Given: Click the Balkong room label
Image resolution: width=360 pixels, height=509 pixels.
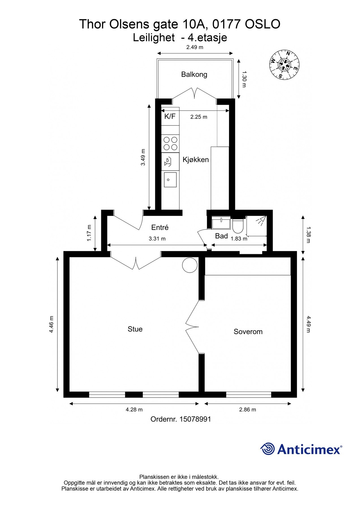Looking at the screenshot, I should click(194, 74).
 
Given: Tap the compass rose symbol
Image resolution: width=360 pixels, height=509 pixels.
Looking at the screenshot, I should click(284, 65).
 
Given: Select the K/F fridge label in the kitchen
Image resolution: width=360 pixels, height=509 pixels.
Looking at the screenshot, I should click(170, 116).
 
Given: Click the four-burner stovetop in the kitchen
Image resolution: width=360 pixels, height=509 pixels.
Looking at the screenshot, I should click(171, 143).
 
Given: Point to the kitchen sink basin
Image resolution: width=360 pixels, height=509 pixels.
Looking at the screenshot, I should click(170, 180).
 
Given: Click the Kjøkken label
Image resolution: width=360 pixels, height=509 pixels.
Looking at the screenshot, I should click(196, 159).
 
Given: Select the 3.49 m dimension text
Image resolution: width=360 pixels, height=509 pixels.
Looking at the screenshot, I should click(143, 157).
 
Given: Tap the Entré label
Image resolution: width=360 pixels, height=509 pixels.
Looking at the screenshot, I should click(160, 227).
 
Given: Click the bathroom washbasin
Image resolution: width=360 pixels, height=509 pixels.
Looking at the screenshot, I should click(221, 223).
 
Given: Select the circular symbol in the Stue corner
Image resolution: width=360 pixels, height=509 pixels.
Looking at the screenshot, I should click(189, 265).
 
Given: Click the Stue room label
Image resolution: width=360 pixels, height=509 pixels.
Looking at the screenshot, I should click(135, 329).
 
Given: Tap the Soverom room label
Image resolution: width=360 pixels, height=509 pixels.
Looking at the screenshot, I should click(248, 331).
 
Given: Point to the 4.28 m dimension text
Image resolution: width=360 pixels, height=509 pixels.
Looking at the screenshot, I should click(134, 409).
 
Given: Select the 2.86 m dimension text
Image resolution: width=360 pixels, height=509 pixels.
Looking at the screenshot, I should click(247, 409).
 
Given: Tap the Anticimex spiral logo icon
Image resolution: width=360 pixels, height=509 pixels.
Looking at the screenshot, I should click(267, 449).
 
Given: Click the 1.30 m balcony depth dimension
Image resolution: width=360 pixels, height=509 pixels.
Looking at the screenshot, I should click(244, 79).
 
